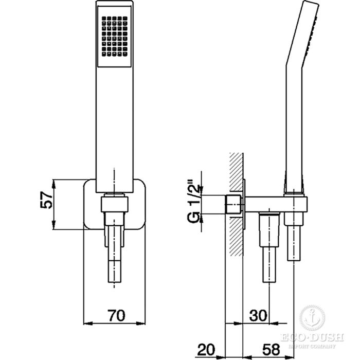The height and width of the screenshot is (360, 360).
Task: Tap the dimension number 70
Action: [x=117, y=315]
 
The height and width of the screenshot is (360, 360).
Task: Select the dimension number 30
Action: [x=258, y=315]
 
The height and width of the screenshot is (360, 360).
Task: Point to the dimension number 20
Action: [x=206, y=349]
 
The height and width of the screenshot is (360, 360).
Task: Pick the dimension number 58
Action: [x=271, y=349]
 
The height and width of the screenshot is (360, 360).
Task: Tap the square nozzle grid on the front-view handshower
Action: [x=114, y=37]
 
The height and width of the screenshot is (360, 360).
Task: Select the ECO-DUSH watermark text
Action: [x=312, y=337]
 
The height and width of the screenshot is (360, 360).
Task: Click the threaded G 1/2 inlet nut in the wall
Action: [x=234, y=205]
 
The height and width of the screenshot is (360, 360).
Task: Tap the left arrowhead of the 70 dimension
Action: [x=87, y=323]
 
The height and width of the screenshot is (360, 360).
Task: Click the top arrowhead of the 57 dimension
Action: [x=53, y=184]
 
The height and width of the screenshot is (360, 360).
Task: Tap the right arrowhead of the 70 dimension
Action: [x=141, y=323]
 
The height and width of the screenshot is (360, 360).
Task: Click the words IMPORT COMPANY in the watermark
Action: [x=312, y=346]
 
